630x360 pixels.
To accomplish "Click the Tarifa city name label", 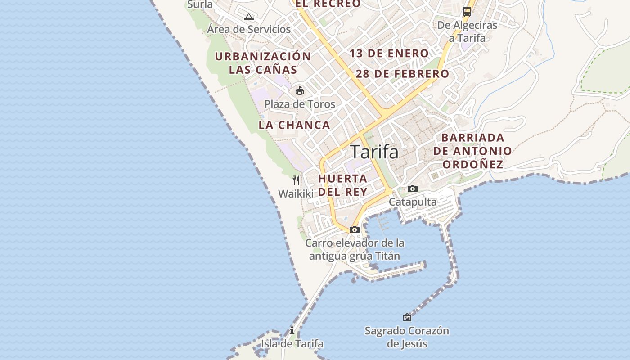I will coord(374,152).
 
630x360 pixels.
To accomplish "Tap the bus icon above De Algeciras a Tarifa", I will coord(467,12).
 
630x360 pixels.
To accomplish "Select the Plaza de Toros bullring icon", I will coord(300,91).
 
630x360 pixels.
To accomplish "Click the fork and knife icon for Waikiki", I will coord(296,180).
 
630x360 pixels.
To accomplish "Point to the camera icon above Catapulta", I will coord(412,189).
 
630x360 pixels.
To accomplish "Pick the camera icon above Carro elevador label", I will coord(355,229).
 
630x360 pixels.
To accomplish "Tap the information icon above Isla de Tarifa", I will coord(292,330).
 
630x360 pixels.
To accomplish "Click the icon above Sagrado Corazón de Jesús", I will coord(407,317).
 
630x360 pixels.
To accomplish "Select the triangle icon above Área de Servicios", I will coord(248,17).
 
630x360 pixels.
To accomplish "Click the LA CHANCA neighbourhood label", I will coord(294,125).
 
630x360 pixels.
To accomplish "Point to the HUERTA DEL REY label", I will coord(343,185).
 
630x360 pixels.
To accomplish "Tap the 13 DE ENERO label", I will coord(389,54).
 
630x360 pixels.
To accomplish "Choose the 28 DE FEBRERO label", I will coord(402,74).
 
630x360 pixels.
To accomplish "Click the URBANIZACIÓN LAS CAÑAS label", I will coord(263,63).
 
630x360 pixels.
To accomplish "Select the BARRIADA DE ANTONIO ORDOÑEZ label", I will coord(472,151).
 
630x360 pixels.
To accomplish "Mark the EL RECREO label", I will coord(328,4).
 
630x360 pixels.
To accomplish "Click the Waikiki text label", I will coord(296,194).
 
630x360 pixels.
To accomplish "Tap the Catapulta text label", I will coord(413,202).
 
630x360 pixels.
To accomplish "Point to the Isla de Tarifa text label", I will coord(292,344).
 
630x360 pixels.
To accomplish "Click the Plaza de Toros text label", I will coord(300,104).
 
